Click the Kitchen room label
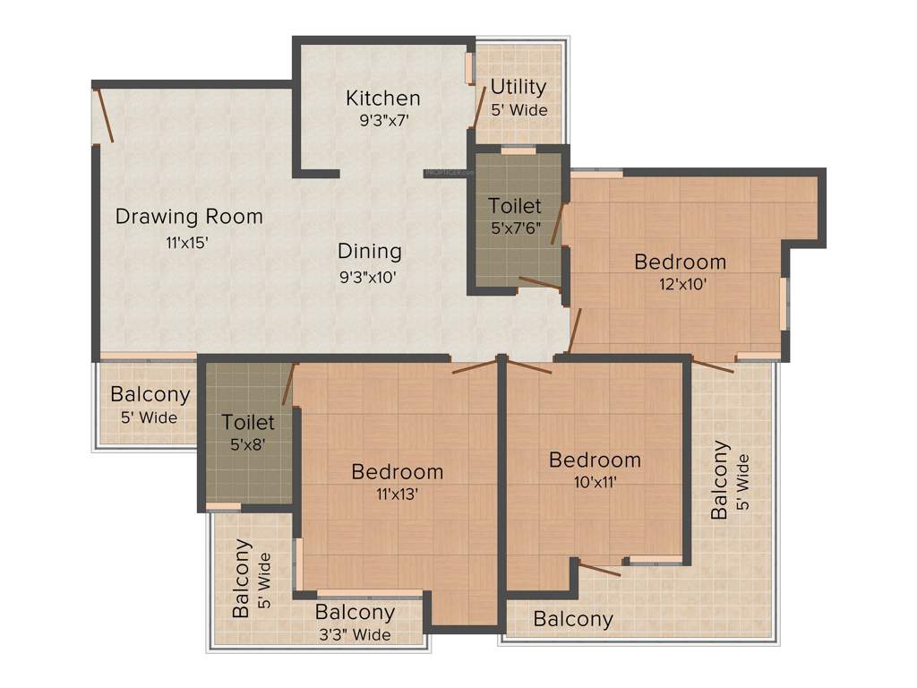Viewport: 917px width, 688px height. coord(383,98)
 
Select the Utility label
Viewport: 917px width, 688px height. coord(518,87)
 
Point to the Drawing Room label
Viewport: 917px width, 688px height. coord(189,216)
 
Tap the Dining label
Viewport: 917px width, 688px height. coord(369,251)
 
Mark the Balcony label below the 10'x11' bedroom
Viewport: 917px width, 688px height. coord(573,618)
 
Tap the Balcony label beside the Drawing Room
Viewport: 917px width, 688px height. coord(150,394)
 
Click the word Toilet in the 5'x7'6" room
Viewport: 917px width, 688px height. coord(515,206)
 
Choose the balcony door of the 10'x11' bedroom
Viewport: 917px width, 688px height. coord(598,568)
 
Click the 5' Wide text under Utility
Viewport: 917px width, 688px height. coord(518,110)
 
